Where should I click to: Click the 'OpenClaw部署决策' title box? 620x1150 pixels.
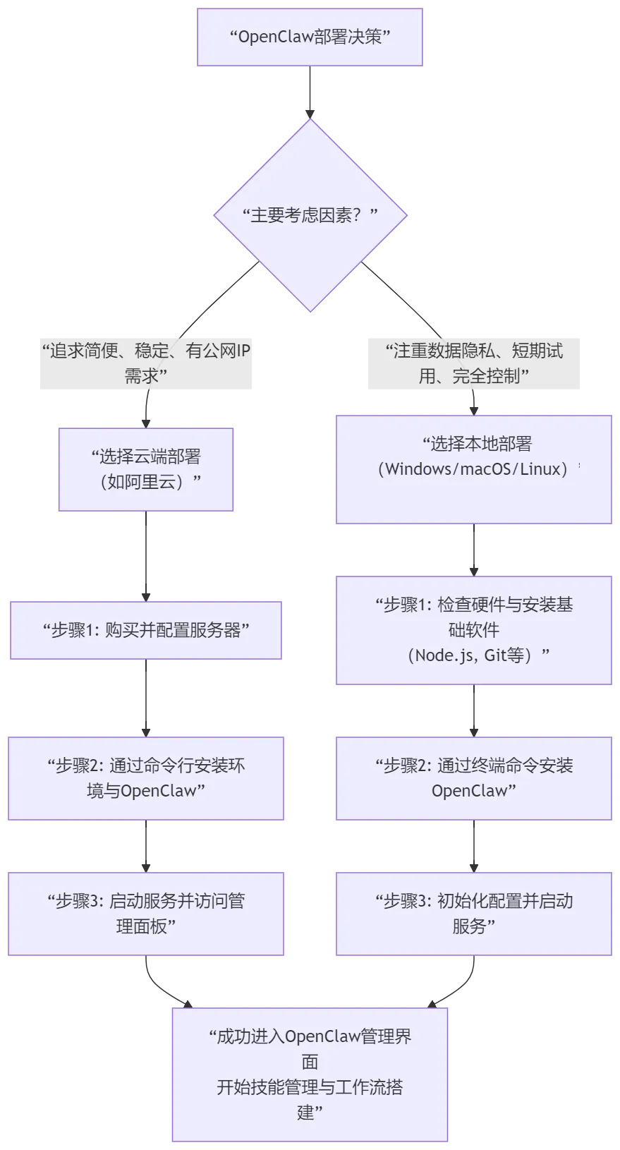pyautogui.click(x=309, y=37)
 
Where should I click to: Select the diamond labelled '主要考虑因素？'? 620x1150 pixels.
pyautogui.click(x=310, y=215)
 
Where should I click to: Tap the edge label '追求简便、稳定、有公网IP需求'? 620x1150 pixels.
pyautogui.click(x=147, y=362)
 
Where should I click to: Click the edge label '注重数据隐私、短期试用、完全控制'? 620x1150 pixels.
pyautogui.click(x=473, y=362)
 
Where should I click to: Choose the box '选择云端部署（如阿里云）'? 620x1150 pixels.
pyautogui.click(x=146, y=469)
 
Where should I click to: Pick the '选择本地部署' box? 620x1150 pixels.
pyautogui.click(x=473, y=469)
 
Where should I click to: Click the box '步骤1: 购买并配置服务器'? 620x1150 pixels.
pyautogui.click(x=145, y=630)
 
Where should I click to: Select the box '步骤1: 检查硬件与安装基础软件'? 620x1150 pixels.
pyautogui.click(x=473, y=630)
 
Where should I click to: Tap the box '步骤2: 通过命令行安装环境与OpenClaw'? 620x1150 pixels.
pyautogui.click(x=146, y=778)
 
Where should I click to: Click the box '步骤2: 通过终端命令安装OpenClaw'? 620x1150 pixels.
pyautogui.click(x=473, y=778)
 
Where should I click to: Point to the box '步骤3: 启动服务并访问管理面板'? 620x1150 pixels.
pyautogui.click(x=146, y=914)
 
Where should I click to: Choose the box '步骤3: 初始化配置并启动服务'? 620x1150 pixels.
pyautogui.click(x=473, y=914)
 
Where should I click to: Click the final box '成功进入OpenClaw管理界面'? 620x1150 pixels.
pyautogui.click(x=310, y=1074)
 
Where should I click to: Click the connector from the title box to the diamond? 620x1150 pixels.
pyautogui.click(x=310, y=92)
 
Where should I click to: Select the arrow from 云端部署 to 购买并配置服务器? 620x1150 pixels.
pyautogui.click(x=145, y=556)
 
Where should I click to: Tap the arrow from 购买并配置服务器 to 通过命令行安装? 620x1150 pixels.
pyautogui.click(x=145, y=697)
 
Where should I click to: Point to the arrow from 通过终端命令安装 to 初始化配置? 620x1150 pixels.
pyautogui.click(x=473, y=846)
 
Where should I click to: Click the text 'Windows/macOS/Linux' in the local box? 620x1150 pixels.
pyautogui.click(x=473, y=469)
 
